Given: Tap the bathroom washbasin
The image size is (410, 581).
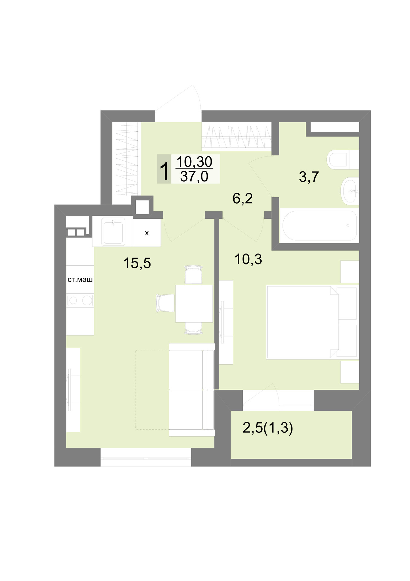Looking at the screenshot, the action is point(350,191).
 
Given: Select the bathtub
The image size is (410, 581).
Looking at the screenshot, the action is point(319,225).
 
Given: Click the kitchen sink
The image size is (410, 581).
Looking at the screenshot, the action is point(112,231).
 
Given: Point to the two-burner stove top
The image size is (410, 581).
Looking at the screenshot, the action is point(80,300).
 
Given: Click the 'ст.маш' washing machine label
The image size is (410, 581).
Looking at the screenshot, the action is point(80,280).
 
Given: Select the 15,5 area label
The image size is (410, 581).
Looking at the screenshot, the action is point(137,263).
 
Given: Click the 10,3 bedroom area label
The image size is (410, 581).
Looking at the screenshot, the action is point(248,259).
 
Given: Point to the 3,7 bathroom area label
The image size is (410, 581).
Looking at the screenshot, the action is point(309,177).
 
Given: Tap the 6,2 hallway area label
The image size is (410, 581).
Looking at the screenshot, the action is point(243,199).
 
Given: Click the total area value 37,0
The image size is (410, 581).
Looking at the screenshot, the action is point(194,176).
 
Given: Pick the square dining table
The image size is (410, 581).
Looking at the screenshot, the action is point(194,304).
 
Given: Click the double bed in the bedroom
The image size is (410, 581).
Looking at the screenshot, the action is point(311,322).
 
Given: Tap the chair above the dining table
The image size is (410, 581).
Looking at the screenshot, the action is point(194,275).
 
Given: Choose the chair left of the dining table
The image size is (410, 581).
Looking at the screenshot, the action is point(166,303).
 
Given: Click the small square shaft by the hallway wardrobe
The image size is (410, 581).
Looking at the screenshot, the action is point(142,207).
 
